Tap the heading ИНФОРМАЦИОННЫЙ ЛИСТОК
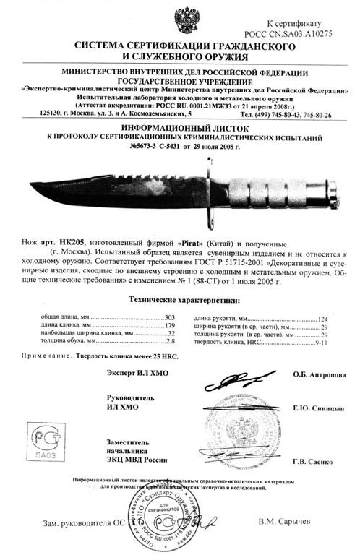[179, 124]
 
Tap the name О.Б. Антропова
[319, 376]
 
